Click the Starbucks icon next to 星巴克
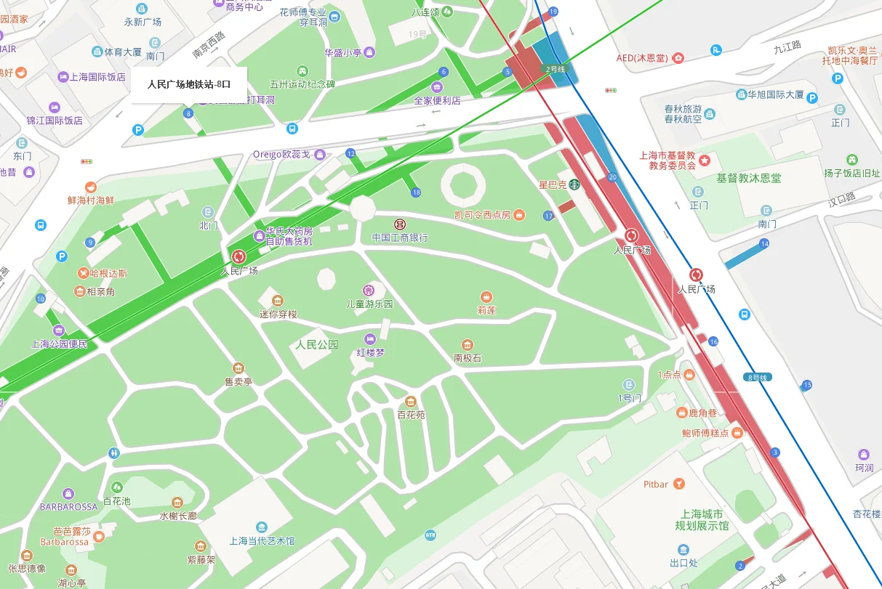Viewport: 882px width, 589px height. (574, 184)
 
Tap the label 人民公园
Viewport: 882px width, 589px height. (316, 344)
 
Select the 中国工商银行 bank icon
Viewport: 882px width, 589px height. (400, 224)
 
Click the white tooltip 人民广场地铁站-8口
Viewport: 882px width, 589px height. (189, 84)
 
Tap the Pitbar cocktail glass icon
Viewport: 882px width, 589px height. (678, 484)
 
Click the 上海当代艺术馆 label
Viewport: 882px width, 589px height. (262, 541)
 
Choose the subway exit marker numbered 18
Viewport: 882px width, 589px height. (416, 192)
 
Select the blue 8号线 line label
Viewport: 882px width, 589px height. (758, 377)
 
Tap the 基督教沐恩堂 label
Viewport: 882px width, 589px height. (749, 178)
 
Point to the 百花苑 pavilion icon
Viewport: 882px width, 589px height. (411, 402)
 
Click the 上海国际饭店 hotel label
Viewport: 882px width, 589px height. (97, 77)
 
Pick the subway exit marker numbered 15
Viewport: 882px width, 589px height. (807, 384)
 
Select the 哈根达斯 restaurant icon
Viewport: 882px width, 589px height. (84, 273)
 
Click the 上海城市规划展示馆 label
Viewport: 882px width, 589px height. (702, 520)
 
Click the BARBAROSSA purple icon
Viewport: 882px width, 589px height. (68, 494)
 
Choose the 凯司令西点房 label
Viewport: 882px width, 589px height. (482, 215)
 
